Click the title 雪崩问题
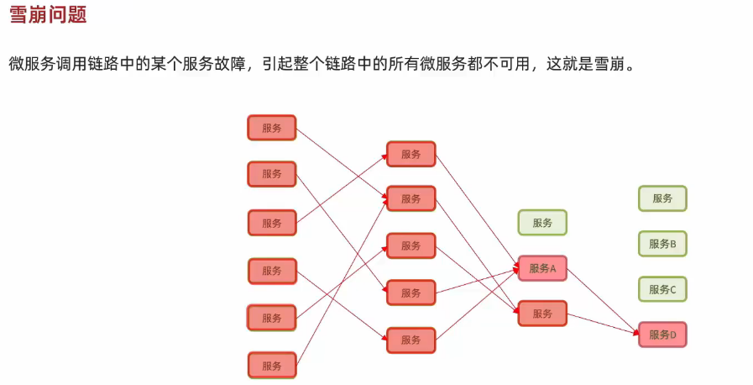47,16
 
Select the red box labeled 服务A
542,269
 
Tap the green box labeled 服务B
662,244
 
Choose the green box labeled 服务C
662,289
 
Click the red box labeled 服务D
662,335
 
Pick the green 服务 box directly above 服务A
542,223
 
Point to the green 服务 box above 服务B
662,198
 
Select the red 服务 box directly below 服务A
542,314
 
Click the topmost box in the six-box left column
272,128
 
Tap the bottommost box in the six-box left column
272,365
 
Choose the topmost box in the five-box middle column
411,154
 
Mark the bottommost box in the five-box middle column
411,340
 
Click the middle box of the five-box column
411,245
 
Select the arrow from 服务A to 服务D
603,301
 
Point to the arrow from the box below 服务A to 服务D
603,324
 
